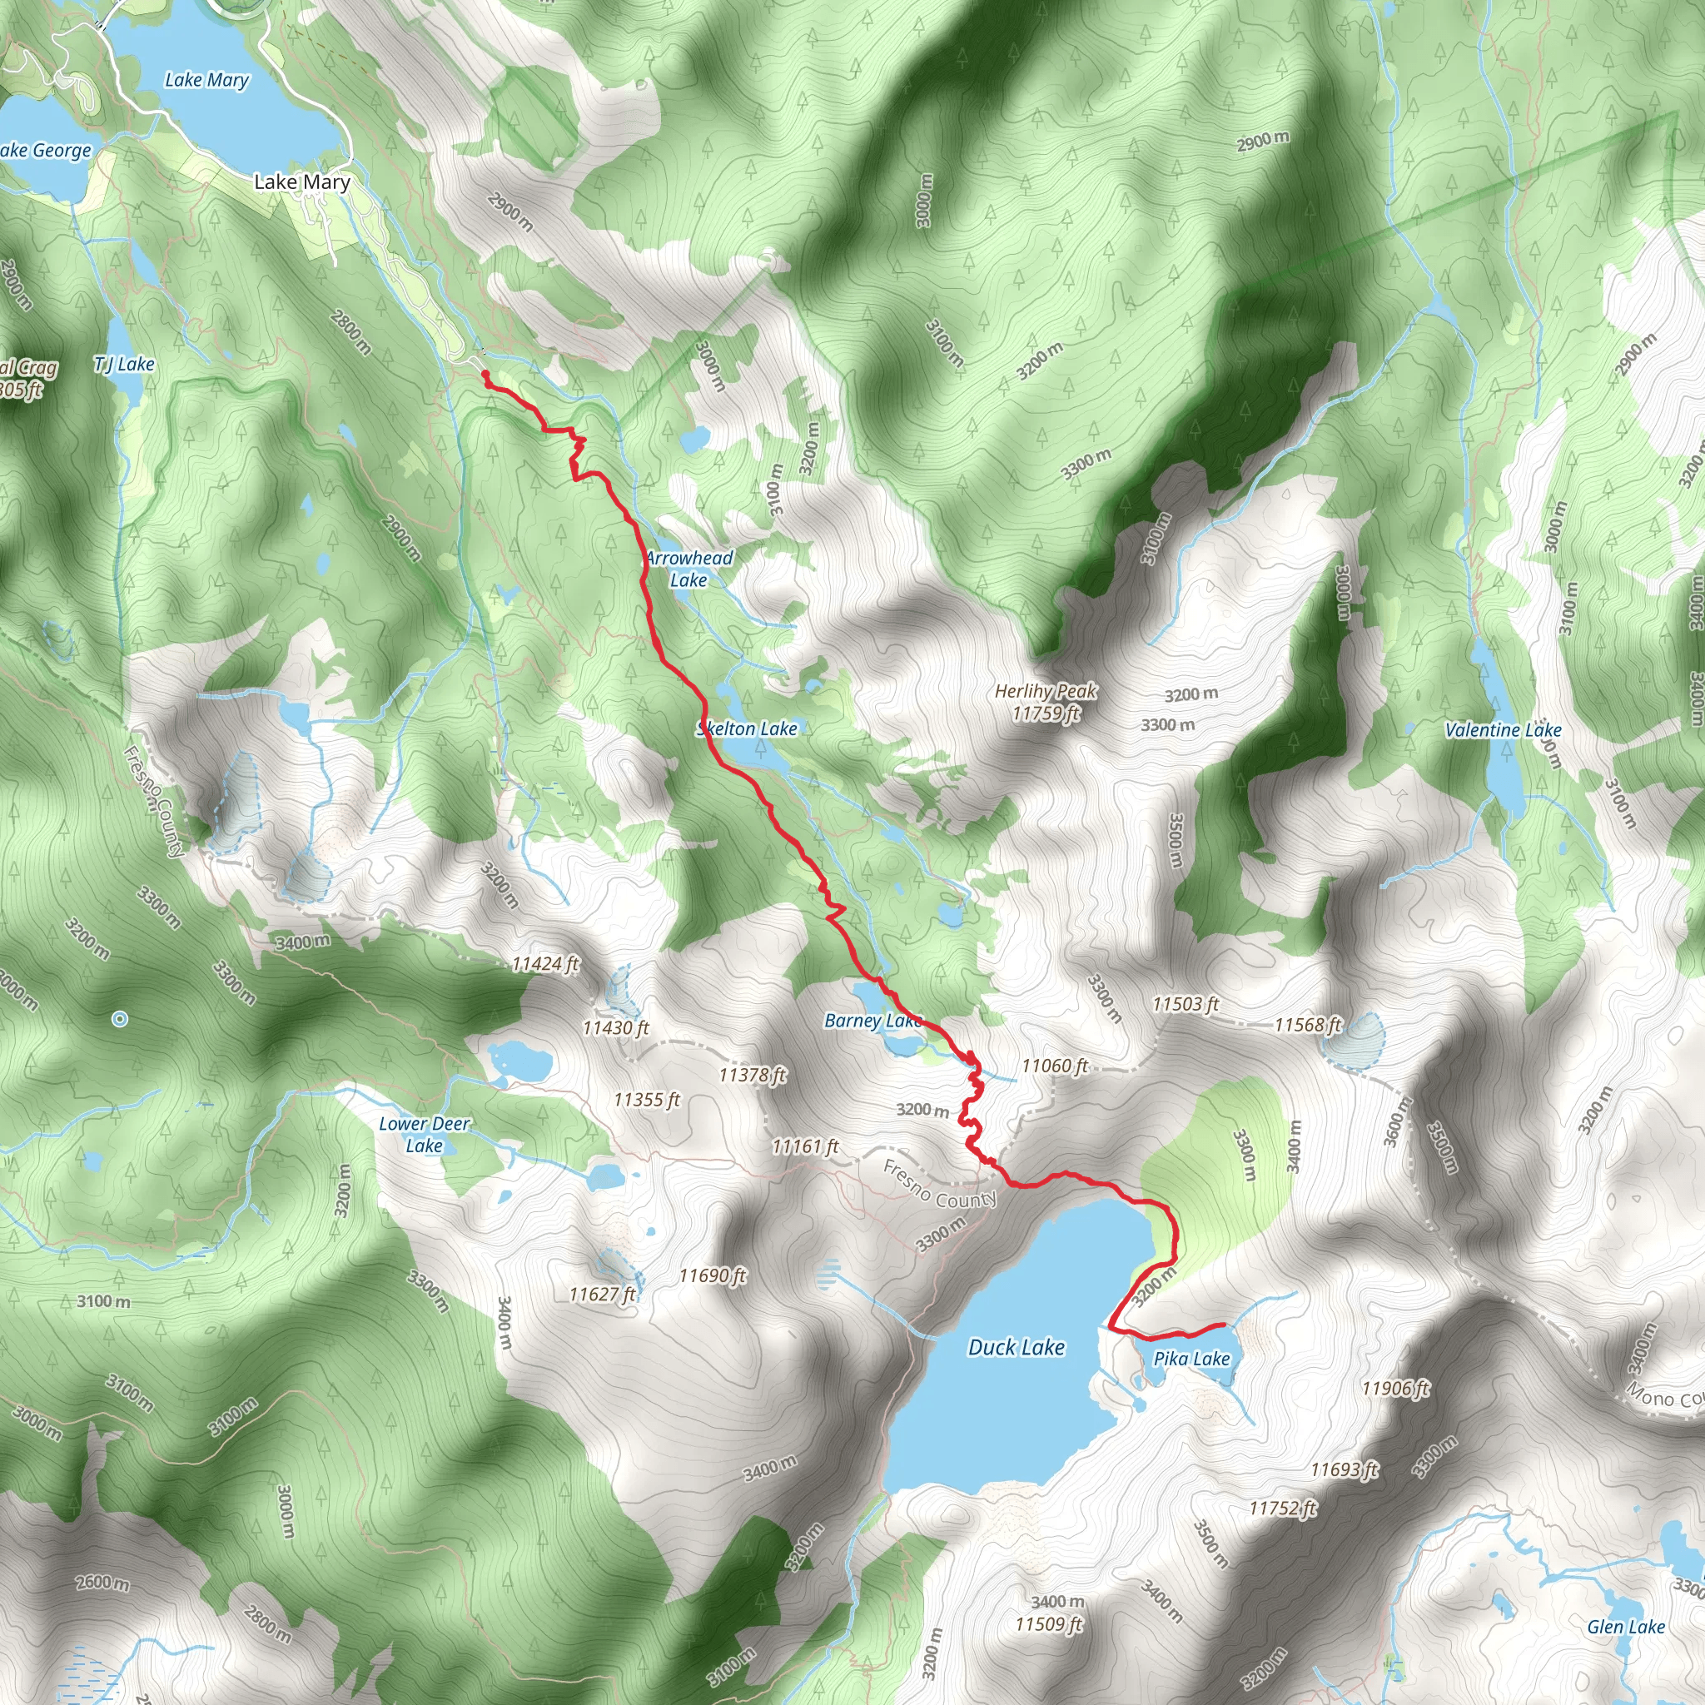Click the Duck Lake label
[x=1017, y=1347]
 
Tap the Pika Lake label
[x=1191, y=1358]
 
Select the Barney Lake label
[x=872, y=1021]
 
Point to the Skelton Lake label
[x=748, y=728]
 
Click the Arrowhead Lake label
[x=689, y=569]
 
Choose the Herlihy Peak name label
[x=1046, y=691]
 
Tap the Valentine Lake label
[x=1503, y=730]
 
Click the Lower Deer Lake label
[x=425, y=1134]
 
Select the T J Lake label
[x=124, y=364]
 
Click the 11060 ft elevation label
[x=1055, y=1066]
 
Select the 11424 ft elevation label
[x=545, y=964]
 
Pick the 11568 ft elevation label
[x=1308, y=1024]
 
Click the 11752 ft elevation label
[x=1282, y=1509]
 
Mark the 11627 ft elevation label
[x=602, y=1294]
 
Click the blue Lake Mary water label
[x=207, y=80]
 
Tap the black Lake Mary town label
[x=302, y=181]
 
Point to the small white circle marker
[x=120, y=1019]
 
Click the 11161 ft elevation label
[x=805, y=1146]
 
